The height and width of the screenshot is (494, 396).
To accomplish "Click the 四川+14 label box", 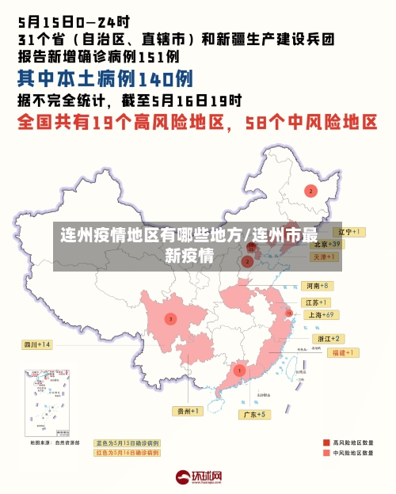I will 37,344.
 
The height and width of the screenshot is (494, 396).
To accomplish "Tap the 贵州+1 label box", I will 189,411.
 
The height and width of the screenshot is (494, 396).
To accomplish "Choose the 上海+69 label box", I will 322,314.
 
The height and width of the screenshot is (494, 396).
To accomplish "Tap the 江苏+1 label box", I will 317,302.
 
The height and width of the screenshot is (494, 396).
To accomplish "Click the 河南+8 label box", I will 317,285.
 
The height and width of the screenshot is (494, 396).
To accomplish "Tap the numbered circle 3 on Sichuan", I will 170,318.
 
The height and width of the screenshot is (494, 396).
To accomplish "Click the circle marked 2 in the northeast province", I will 311,191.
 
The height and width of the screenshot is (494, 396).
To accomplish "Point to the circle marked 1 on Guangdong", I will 239,370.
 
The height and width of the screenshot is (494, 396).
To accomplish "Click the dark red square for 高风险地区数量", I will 326,443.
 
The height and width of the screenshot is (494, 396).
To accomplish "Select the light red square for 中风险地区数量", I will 326,454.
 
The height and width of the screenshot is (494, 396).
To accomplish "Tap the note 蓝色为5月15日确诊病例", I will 128,443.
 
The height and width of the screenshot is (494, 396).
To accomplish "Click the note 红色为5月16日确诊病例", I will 128,453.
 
